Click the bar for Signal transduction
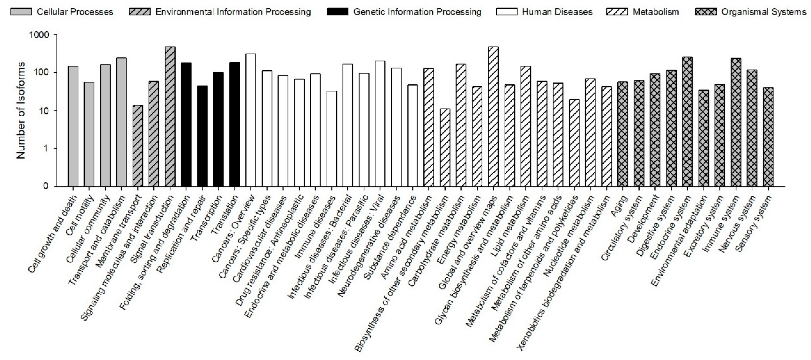click(x=170, y=117)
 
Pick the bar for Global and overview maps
click(x=493, y=117)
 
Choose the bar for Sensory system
click(x=768, y=137)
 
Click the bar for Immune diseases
click(x=332, y=139)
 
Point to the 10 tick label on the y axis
click(x=44, y=111)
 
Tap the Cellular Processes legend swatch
click(x=21, y=12)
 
